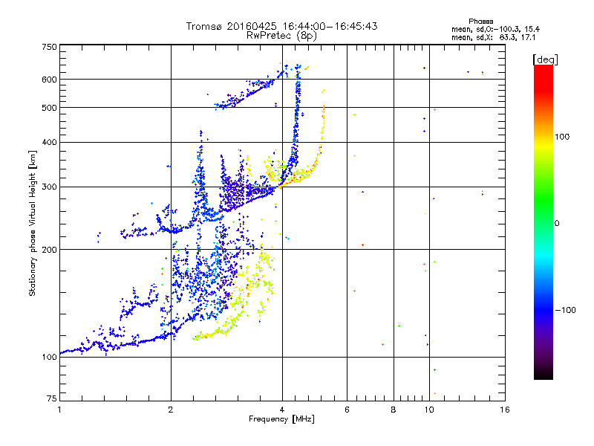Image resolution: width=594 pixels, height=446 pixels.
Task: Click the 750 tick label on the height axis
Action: coord(49,47)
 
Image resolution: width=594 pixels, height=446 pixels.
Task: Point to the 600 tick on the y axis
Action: coord(49,80)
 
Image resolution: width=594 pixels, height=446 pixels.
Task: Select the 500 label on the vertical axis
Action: coord(49,108)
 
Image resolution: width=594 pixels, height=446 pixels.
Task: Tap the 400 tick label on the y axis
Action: coord(49,143)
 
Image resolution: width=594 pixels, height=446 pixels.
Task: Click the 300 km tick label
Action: coord(49,187)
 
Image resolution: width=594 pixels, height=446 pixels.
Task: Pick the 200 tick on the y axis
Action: coord(49,250)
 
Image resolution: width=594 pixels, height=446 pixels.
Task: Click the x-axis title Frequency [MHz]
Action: coord(282,420)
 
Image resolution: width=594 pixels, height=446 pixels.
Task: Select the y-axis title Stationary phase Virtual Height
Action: coord(33,223)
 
